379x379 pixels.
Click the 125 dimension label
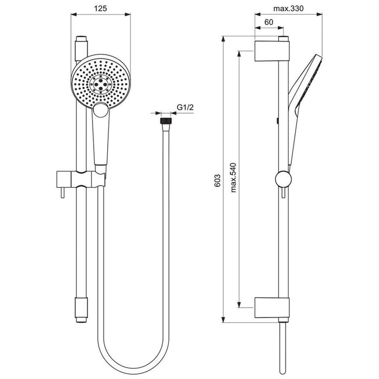(x=101, y=9)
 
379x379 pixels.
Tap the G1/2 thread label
(x=185, y=108)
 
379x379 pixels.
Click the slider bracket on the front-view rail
(x=81, y=178)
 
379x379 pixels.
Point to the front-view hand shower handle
(x=101, y=141)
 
